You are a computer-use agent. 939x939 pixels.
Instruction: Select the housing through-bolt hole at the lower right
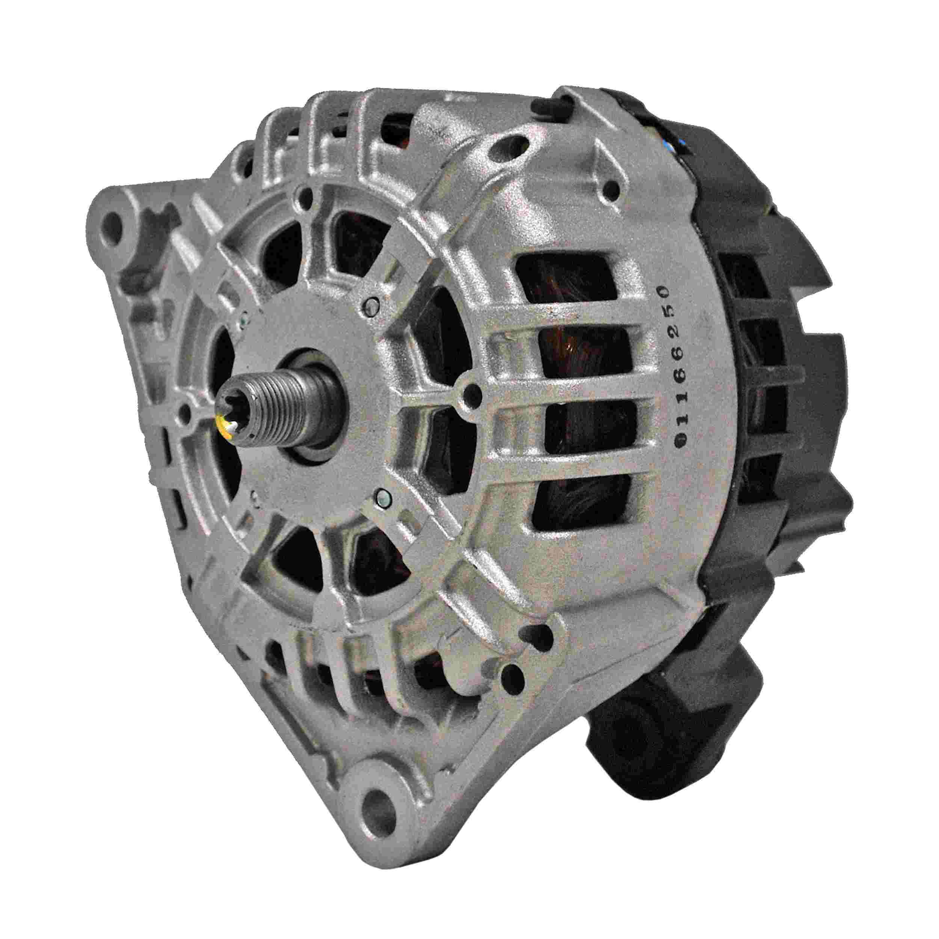(x=509, y=674)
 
